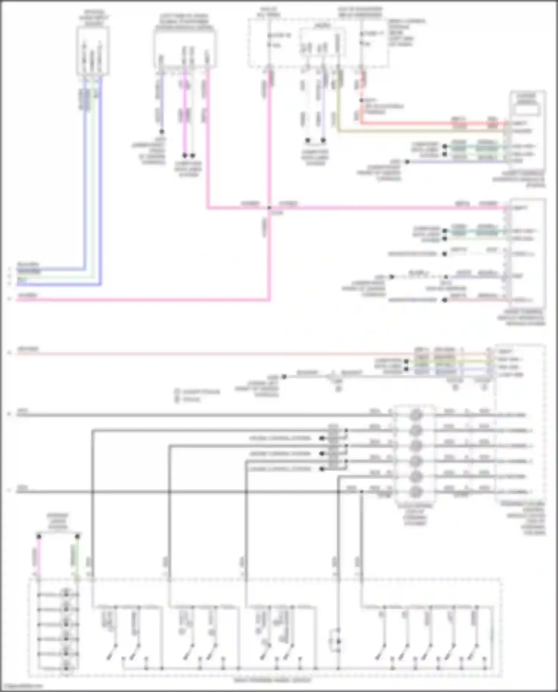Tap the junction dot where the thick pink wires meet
(x=269, y=207)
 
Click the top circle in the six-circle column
(x=416, y=415)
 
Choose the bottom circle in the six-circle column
(x=416, y=492)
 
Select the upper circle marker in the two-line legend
(x=177, y=392)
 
